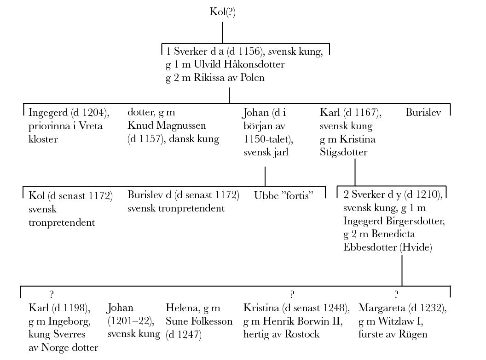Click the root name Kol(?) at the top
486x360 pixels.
pos(223,12)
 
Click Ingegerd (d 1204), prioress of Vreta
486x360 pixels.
pos(69,113)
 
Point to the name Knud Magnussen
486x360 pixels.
pos(167,126)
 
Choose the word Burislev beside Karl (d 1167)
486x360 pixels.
pos(423,112)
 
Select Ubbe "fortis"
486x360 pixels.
pos(283,195)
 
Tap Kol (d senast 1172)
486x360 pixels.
pos(70,196)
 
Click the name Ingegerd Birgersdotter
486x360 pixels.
pos(394,221)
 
